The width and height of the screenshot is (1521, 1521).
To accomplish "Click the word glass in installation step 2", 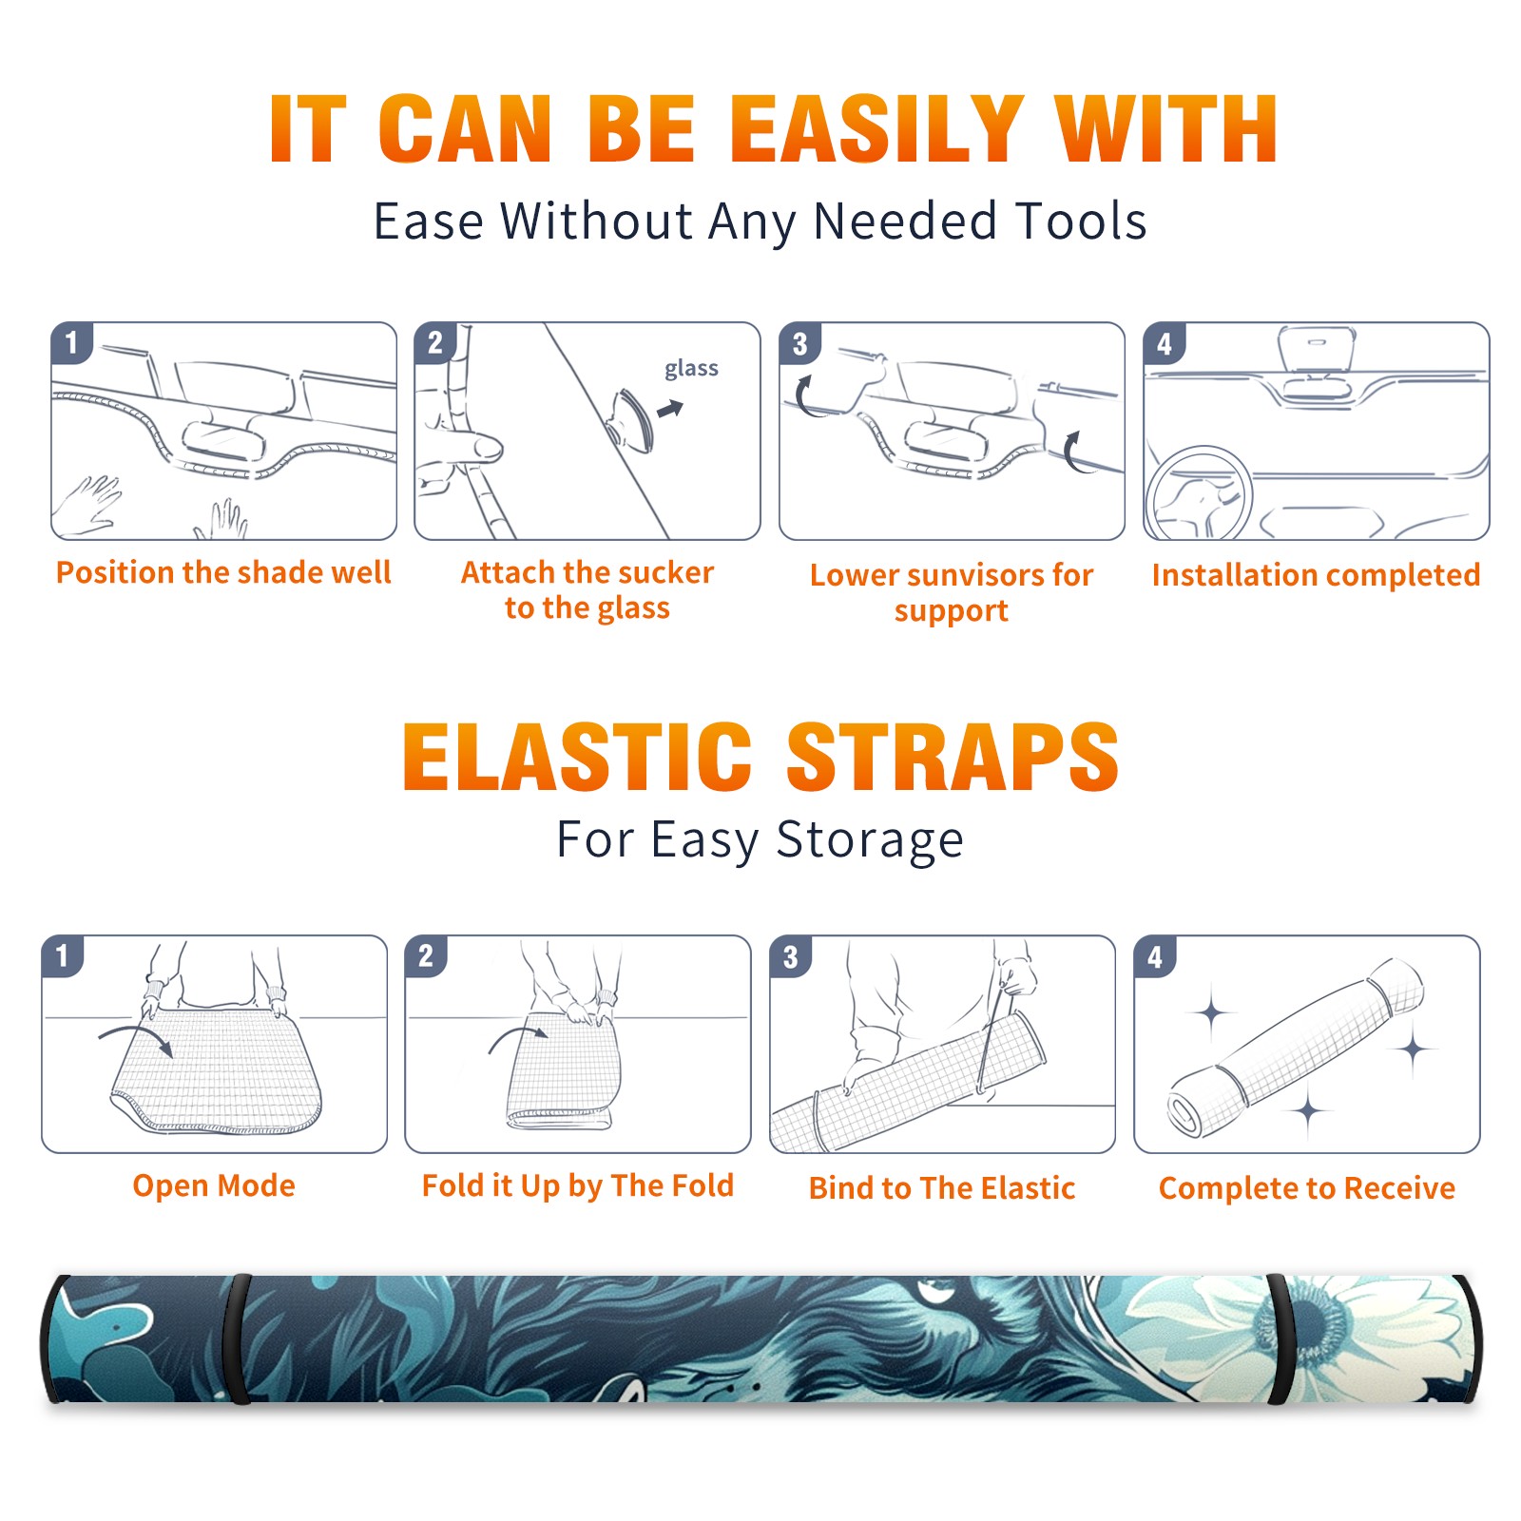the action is pos(691,369).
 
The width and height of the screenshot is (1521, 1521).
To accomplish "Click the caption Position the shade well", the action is pos(223,572).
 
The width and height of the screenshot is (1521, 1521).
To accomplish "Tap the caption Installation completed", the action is pos(1316,574).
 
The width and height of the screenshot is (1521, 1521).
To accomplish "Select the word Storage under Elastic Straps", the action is pos(870,840).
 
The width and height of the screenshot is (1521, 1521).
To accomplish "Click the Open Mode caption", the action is pos(214,1185).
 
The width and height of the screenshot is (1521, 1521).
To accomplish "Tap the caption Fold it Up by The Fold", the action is pos(578,1186).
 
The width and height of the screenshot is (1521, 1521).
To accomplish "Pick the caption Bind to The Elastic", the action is pos(942,1188).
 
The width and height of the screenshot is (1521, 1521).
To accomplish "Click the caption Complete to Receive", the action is pos(1307,1188).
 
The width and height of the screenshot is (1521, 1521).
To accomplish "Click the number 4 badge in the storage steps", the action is pos(1155,956).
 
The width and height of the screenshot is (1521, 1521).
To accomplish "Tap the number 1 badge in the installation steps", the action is pos(72,342).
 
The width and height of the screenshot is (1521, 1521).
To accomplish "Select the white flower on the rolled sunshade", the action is pos(1302,1331).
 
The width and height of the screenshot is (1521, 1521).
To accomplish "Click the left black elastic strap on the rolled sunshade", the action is pos(237,1339).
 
